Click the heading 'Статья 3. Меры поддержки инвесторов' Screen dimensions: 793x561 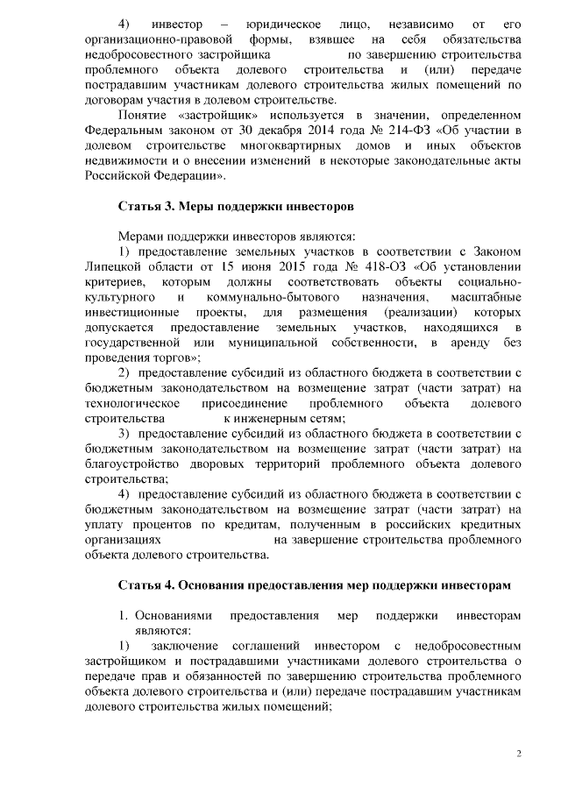(x=236, y=208)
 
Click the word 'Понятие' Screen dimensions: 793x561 (x=144, y=115)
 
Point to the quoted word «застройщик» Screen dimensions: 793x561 (x=227, y=115)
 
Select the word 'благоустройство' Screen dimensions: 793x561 (x=132, y=464)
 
